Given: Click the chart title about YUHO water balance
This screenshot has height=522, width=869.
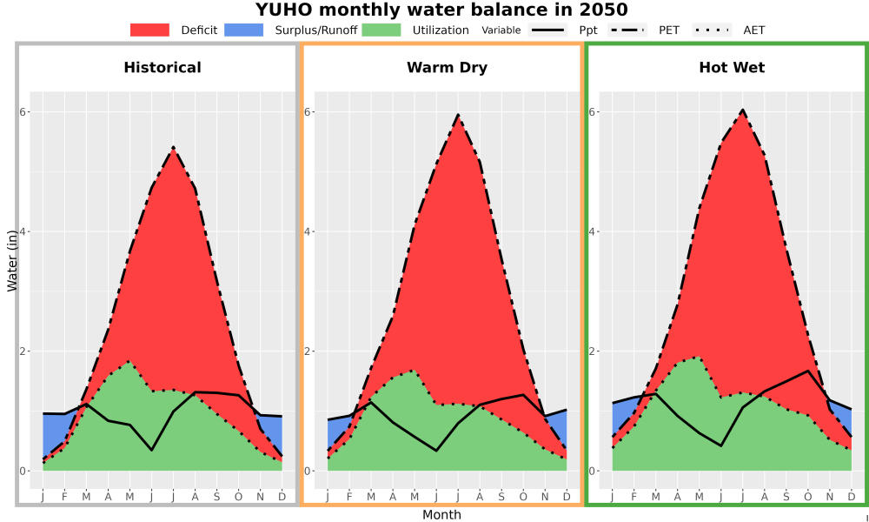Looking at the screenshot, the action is (441, 10).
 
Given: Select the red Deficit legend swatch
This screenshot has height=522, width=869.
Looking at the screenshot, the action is (149, 30).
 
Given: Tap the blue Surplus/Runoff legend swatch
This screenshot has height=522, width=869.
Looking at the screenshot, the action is (244, 30).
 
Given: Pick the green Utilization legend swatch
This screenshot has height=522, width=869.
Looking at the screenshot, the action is (381, 30).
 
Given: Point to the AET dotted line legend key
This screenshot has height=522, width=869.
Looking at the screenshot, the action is (712, 30).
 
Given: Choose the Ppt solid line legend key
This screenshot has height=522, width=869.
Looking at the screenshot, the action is (547, 30).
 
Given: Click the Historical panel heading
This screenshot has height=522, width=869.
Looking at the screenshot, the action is (163, 68).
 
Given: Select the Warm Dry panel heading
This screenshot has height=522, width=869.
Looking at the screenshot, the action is (448, 68).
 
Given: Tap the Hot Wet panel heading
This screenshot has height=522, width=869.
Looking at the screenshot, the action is (732, 68).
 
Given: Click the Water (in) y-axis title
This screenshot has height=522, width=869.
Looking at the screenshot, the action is (11, 261).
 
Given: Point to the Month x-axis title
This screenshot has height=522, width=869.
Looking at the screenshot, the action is (441, 515).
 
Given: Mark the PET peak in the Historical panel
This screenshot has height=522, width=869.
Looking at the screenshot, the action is (174, 148).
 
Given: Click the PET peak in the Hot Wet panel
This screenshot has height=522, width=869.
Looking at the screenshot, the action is (743, 110).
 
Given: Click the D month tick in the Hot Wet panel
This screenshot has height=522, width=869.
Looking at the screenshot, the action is (852, 497).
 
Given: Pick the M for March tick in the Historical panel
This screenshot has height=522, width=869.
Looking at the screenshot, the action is (86, 497).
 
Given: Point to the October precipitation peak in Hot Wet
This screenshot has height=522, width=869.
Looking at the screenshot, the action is (808, 371).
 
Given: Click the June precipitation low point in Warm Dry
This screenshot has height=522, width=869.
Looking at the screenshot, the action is (436, 451).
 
